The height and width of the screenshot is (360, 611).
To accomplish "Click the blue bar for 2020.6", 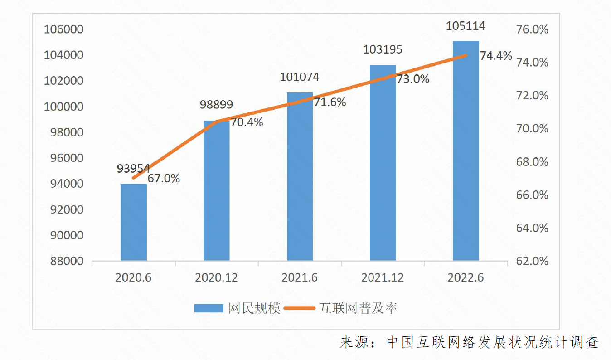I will [x=134, y=222].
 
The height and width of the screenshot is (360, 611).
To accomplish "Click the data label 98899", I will [x=216, y=105].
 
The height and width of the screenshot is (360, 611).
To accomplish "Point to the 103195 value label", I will [x=383, y=49].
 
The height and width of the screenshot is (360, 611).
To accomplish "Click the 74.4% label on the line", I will [x=496, y=56].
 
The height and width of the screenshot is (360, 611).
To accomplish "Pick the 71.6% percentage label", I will [x=330, y=102].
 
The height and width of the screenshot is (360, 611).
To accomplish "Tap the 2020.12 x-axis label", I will [x=216, y=277].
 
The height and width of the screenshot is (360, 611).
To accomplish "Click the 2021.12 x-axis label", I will [x=383, y=277].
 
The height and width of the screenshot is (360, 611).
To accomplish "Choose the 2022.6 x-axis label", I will [x=466, y=277].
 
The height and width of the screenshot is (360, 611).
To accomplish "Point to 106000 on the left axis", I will [x=63, y=30].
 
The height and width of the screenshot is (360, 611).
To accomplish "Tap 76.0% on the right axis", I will [x=532, y=30].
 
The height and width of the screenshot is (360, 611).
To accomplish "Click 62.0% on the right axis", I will [x=532, y=262].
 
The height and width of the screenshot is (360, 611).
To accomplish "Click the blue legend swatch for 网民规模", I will [x=209, y=309].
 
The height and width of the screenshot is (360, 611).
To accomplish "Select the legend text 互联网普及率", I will [x=358, y=309].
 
